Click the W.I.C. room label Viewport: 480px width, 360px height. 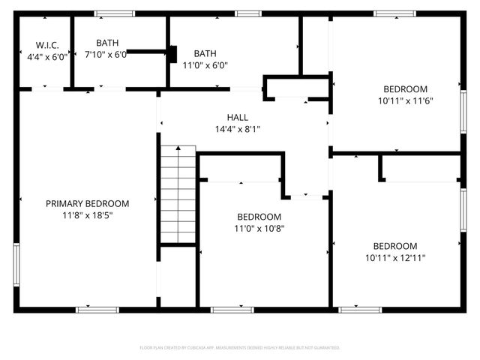click(x=37, y=45)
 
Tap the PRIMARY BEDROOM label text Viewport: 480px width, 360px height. click(x=87, y=203)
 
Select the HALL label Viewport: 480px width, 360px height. click(x=238, y=117)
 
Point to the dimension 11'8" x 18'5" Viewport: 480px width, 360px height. click(x=87, y=215)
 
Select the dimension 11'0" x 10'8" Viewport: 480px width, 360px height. click(x=259, y=229)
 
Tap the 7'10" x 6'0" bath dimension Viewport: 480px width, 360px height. click(x=106, y=55)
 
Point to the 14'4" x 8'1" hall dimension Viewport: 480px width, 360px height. click(x=238, y=129)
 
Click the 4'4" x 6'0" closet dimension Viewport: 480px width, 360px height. click(x=47, y=56)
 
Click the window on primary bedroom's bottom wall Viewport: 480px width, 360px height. click(x=97, y=309)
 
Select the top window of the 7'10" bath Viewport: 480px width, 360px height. click(x=115, y=13)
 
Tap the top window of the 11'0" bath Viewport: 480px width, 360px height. click(x=247, y=13)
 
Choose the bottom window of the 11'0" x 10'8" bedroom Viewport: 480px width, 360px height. click(x=232, y=309)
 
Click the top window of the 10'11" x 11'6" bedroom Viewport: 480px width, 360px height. click(x=395, y=13)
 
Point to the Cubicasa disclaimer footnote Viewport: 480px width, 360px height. click(x=240, y=348)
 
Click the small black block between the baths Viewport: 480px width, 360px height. click(x=172, y=54)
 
